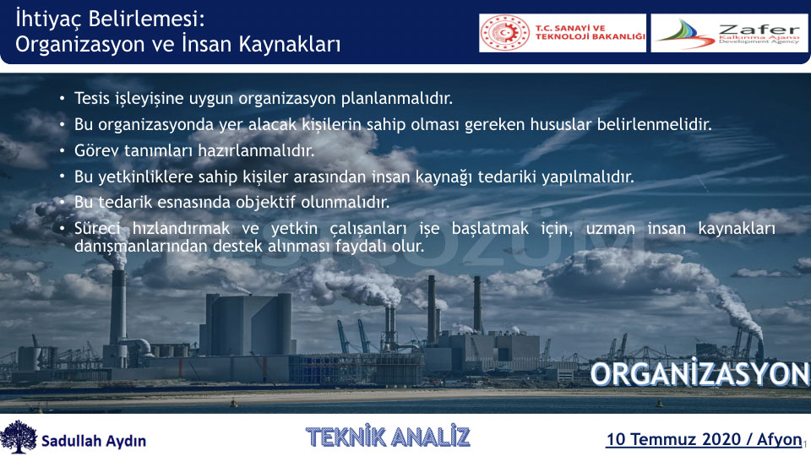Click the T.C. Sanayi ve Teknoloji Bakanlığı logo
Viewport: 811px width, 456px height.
563,33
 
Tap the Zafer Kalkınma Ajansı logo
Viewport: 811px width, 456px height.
729,33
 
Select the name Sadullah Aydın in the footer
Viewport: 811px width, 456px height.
94,441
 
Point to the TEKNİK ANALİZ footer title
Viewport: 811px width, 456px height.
388,437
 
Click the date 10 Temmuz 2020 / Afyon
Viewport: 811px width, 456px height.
704,439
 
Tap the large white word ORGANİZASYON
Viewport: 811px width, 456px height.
699,373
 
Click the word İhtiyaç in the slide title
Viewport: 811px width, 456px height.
48,19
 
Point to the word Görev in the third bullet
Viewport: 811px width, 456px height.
95,150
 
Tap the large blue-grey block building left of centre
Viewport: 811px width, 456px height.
248,324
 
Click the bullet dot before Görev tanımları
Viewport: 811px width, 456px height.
63,150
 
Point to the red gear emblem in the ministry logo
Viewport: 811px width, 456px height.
505,33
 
